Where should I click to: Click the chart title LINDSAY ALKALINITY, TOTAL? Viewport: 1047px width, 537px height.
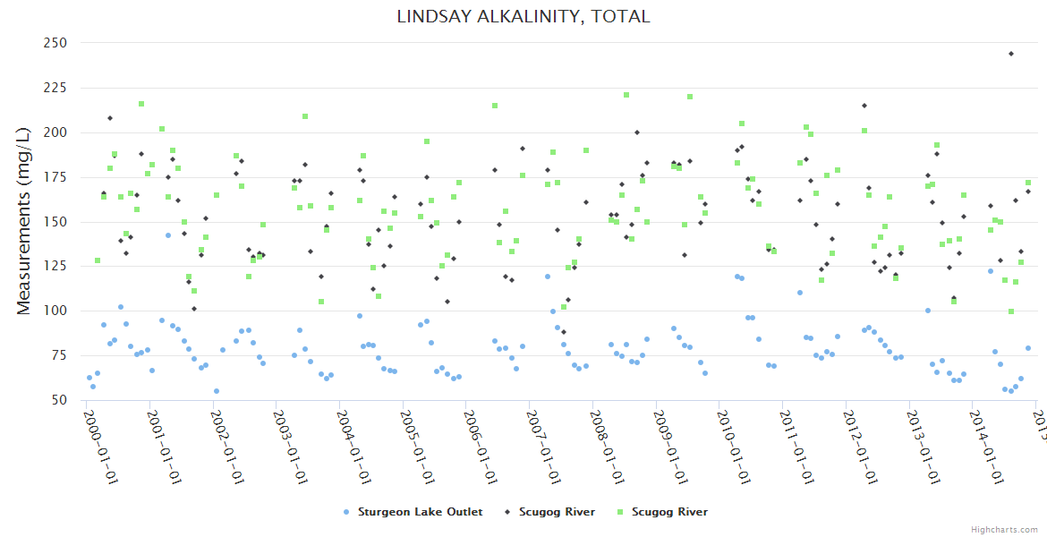coord(523,16)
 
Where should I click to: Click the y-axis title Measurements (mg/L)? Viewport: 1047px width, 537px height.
coord(24,220)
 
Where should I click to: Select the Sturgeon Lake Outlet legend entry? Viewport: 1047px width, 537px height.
coord(420,512)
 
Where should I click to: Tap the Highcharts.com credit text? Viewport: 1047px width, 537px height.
coord(1005,529)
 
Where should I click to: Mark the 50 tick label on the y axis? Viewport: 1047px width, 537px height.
coord(59,401)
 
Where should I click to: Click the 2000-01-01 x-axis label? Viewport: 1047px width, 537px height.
coord(101,445)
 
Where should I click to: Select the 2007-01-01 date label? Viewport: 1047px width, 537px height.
coord(544,445)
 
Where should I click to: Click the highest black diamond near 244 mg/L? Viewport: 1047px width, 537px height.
coord(1011,54)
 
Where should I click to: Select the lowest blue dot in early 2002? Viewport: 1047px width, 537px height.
coord(217,391)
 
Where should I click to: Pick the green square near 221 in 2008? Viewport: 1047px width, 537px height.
coord(626,95)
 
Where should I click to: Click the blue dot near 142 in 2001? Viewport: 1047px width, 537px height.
coord(167,235)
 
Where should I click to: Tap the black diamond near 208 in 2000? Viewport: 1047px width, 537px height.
coord(110,118)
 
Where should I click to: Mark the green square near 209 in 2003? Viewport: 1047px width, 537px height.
coord(305,116)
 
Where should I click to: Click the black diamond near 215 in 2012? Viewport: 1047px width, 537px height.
coord(864,106)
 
